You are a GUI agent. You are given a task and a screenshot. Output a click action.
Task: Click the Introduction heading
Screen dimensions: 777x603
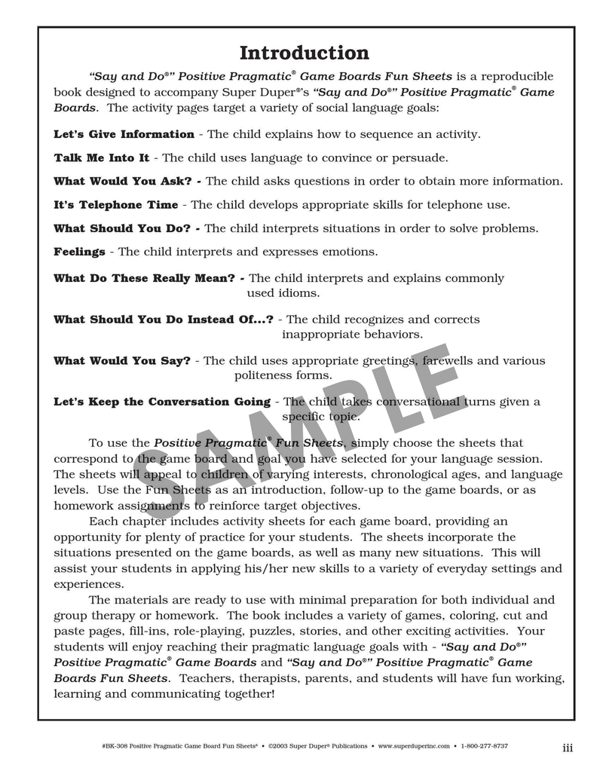coord(304,54)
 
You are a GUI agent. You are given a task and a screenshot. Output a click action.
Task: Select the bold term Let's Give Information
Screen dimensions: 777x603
coord(124,134)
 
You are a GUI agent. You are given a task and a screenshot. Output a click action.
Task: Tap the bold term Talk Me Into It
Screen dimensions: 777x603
coord(101,158)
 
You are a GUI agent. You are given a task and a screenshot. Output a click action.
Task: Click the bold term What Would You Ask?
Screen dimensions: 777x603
coord(123,181)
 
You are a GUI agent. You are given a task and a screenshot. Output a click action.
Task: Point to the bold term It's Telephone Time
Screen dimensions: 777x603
coord(115,204)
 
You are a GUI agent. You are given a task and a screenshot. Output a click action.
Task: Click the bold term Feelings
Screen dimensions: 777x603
coord(79,252)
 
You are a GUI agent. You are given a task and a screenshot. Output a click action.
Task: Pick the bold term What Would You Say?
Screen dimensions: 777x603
coord(122,361)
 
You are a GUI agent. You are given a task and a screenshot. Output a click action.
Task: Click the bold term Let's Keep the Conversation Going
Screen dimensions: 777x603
coord(162,402)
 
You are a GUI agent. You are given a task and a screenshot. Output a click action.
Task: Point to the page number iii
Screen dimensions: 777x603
coord(568,748)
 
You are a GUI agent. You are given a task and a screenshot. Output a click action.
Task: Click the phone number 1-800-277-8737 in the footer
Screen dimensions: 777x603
coord(485,746)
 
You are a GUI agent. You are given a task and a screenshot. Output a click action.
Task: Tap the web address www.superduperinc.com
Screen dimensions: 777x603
coord(414,746)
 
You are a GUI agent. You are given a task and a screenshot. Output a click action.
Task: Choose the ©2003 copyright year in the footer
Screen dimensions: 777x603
coord(279,746)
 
